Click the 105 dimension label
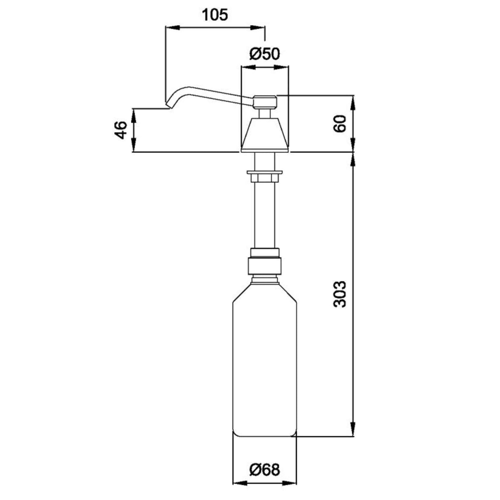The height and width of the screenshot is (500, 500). tap(215, 15)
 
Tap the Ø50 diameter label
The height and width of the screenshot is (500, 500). tap(264, 53)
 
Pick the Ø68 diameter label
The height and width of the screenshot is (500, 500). tap(264, 469)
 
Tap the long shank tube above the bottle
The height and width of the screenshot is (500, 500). tap(264, 214)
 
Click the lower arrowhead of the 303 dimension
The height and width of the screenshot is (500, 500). tap(353, 429)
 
